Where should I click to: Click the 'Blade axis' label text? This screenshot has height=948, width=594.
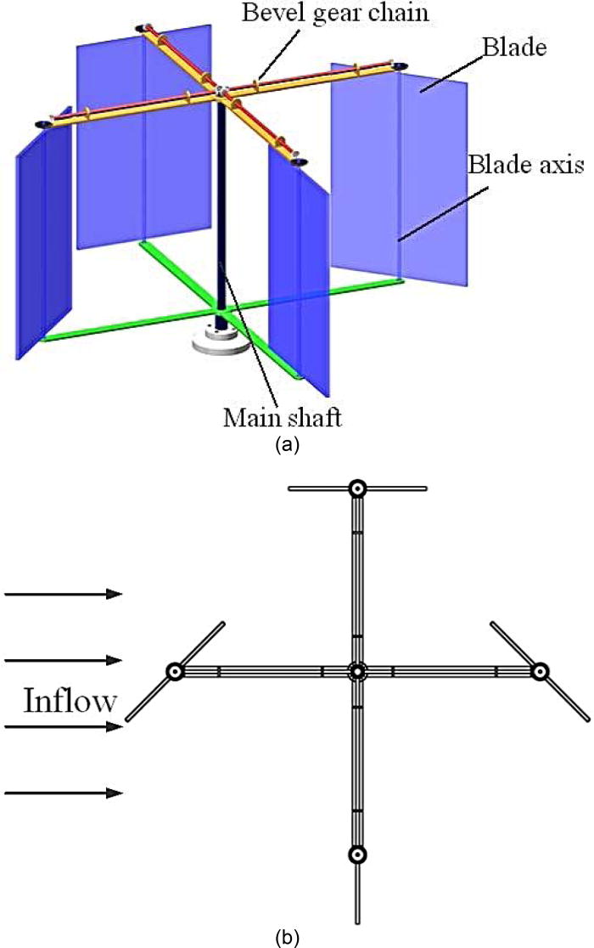pos(525,166)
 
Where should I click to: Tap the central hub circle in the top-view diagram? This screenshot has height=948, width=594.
pos(357,672)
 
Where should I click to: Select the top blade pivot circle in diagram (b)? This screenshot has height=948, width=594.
pos(357,488)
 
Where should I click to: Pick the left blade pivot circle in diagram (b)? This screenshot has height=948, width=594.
pos(176,672)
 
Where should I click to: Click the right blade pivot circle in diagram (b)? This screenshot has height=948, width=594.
pos(540,672)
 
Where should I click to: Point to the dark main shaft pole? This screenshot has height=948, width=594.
pos(222,212)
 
